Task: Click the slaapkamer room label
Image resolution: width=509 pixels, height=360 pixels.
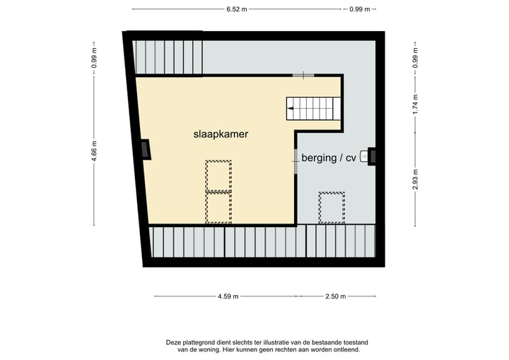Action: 221,133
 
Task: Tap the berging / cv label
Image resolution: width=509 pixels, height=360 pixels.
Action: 328,158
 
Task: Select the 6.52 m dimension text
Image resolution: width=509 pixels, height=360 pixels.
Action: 237,9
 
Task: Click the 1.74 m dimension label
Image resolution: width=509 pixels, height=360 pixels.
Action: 416,104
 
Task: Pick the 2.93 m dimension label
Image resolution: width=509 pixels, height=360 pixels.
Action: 416,176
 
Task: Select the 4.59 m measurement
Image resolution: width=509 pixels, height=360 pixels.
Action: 228,296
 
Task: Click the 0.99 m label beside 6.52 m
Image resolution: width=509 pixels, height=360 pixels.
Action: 360,9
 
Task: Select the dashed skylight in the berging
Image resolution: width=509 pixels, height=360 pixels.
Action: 331,207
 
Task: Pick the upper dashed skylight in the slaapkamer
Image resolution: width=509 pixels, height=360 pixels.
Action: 218,175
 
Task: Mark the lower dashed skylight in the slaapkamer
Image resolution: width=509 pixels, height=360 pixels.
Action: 218,207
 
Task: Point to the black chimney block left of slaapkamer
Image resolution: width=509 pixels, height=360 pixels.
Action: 145,149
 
